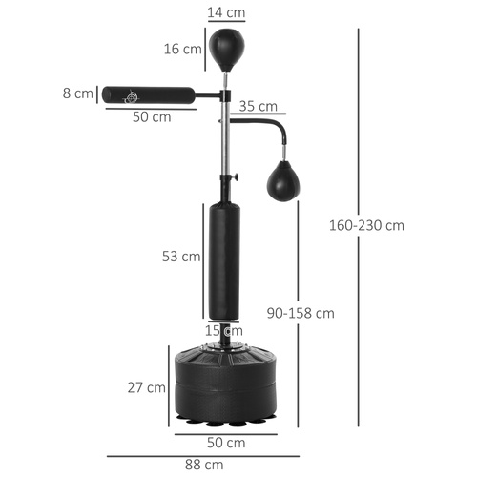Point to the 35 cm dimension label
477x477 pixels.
pos(258,106)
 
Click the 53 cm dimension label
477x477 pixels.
pos(180,257)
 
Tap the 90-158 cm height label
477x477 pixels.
pos(301,313)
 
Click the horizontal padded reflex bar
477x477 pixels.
pos(153,94)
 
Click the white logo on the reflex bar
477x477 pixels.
pos(131,94)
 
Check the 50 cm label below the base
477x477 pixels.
pos(227,443)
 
